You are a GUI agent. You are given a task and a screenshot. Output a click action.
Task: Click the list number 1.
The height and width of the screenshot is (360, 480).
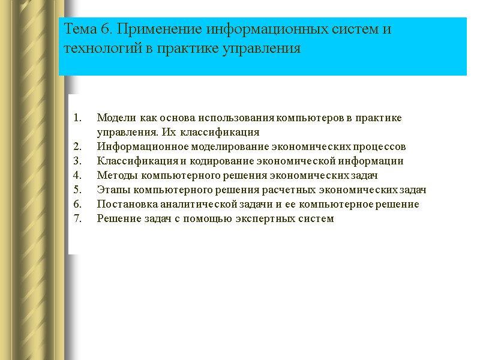tap(76, 118)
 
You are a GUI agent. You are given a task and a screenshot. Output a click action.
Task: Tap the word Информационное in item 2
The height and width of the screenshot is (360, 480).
tap(136, 146)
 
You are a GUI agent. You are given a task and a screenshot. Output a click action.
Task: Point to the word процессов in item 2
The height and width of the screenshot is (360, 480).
tap(383, 146)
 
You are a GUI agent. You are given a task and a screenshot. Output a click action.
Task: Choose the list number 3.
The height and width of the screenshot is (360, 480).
tap(76, 161)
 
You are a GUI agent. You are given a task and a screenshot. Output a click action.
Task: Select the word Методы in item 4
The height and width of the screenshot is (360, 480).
tap(116, 175)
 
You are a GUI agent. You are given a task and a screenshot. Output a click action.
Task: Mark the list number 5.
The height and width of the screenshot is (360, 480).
tap(76, 190)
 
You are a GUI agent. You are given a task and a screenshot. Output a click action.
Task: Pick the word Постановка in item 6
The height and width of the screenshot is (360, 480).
tap(124, 204)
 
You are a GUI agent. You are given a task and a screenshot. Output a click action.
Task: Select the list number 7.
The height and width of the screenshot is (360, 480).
tap(76, 218)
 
